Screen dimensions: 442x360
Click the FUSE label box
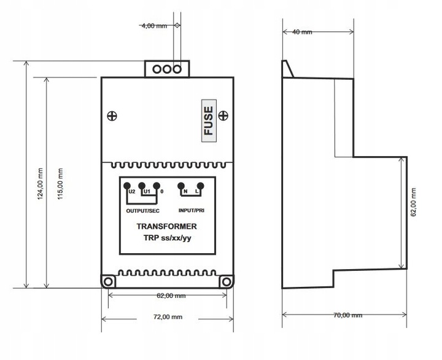(x=209, y=121)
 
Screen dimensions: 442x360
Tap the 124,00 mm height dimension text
(x=41, y=184)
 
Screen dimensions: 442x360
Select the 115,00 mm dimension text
(x=60, y=184)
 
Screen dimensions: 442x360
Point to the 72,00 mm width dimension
(x=168, y=317)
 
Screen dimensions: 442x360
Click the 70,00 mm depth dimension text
(x=347, y=315)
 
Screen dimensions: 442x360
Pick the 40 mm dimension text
(x=302, y=32)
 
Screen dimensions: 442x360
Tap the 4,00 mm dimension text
(x=154, y=26)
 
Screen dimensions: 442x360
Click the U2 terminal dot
(x=127, y=186)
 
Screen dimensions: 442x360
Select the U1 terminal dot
(x=142, y=186)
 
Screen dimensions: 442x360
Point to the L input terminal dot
(x=200, y=186)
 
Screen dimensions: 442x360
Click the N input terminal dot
(x=181, y=186)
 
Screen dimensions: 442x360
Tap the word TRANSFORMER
(x=166, y=226)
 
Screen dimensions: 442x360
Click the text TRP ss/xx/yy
(x=168, y=238)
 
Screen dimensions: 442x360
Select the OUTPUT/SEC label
(x=142, y=211)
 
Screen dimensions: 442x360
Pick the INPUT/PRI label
(x=192, y=211)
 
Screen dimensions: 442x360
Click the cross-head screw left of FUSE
(x=112, y=115)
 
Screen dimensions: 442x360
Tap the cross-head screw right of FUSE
(x=223, y=115)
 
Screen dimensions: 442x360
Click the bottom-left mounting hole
(x=108, y=281)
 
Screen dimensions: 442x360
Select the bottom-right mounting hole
(x=227, y=281)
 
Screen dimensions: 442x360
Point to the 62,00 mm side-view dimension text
(x=413, y=202)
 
